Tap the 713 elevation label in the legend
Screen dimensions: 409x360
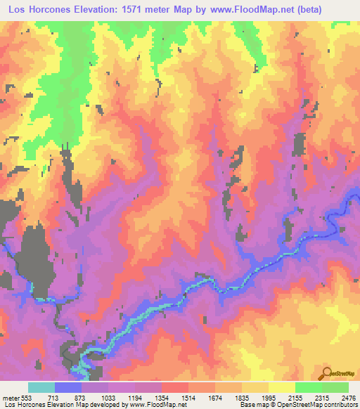[55, 397]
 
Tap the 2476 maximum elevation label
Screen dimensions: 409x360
[348, 397]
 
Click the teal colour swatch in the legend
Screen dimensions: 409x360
[41, 387]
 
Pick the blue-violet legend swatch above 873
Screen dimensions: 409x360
[68, 387]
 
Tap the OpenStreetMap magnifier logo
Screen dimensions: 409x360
[328, 373]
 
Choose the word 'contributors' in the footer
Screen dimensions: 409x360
[340, 405]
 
